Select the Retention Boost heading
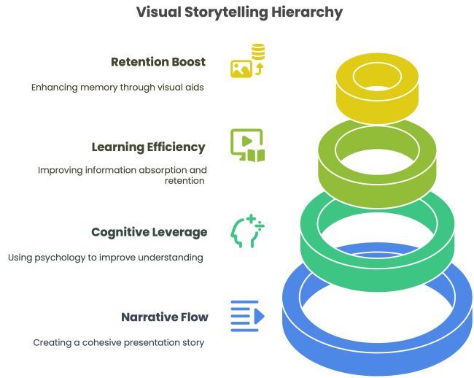tap(158, 62)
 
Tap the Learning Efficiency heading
tap(148, 147)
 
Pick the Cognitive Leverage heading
tap(149, 232)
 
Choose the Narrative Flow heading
tap(164, 317)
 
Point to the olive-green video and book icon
tap(247, 145)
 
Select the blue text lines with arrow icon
tap(246, 316)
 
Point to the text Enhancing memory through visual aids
tap(117, 87)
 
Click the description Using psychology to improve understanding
tap(105, 258)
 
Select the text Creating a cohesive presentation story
tap(119, 342)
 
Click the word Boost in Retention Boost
tap(187, 62)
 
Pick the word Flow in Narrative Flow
tap(193, 317)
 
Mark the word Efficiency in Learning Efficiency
tap(175, 147)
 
